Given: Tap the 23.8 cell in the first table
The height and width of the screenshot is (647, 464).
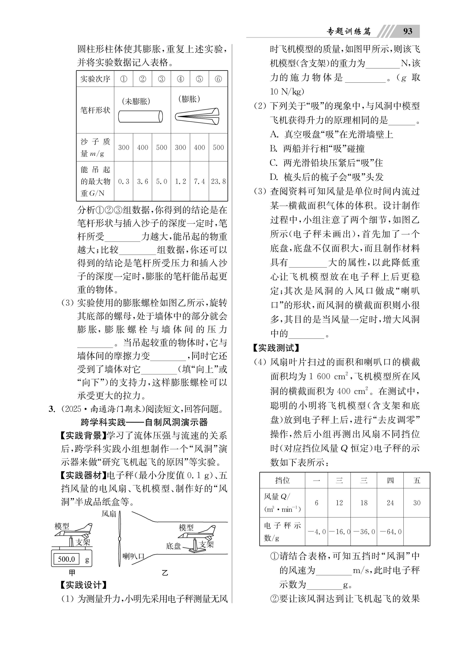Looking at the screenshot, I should click(218, 181).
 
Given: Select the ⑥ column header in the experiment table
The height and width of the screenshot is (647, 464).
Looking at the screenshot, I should click(218, 79).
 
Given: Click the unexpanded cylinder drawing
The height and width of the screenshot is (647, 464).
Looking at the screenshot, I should click(140, 116).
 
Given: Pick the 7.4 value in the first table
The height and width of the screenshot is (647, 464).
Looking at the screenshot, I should click(199, 181).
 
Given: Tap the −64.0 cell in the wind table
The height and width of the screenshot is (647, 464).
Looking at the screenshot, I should click(390, 532).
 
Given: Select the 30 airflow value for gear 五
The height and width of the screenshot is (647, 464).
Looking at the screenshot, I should click(417, 503).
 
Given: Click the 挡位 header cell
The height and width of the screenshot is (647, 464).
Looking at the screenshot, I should click(282, 481).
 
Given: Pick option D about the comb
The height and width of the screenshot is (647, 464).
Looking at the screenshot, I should click(326, 177).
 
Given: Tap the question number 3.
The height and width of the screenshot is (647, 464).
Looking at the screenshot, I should click(52, 409).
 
